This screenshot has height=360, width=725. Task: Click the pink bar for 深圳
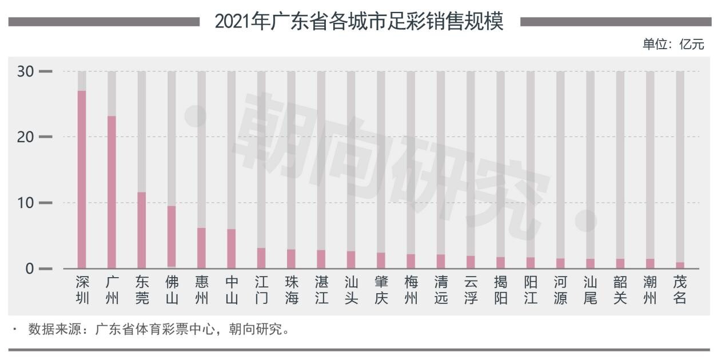(x=82, y=179)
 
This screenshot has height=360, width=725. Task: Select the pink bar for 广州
(x=111, y=192)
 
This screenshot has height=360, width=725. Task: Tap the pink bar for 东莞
(x=142, y=230)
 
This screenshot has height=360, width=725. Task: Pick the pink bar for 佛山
(x=172, y=237)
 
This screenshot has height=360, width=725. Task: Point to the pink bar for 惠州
(x=201, y=248)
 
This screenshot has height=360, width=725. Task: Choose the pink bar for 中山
(x=231, y=249)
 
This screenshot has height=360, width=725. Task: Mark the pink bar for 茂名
(x=680, y=265)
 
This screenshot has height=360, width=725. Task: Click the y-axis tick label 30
(x=26, y=71)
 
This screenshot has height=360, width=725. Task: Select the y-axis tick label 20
(x=26, y=137)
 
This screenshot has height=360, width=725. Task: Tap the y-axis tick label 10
(x=26, y=203)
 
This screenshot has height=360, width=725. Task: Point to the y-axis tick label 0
(x=30, y=269)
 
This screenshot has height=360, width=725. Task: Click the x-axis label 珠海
(x=292, y=290)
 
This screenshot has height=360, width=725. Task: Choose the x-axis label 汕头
(x=351, y=290)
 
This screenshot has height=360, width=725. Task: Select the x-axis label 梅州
(x=411, y=290)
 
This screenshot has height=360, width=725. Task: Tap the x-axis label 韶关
(x=620, y=290)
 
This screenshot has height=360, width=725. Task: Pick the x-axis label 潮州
(x=650, y=290)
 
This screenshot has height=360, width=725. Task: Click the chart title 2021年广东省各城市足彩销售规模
(x=359, y=22)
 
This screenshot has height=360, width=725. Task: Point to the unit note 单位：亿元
(x=673, y=44)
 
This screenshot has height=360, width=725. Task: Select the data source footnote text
(x=158, y=329)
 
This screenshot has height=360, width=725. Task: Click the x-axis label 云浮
(x=471, y=290)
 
